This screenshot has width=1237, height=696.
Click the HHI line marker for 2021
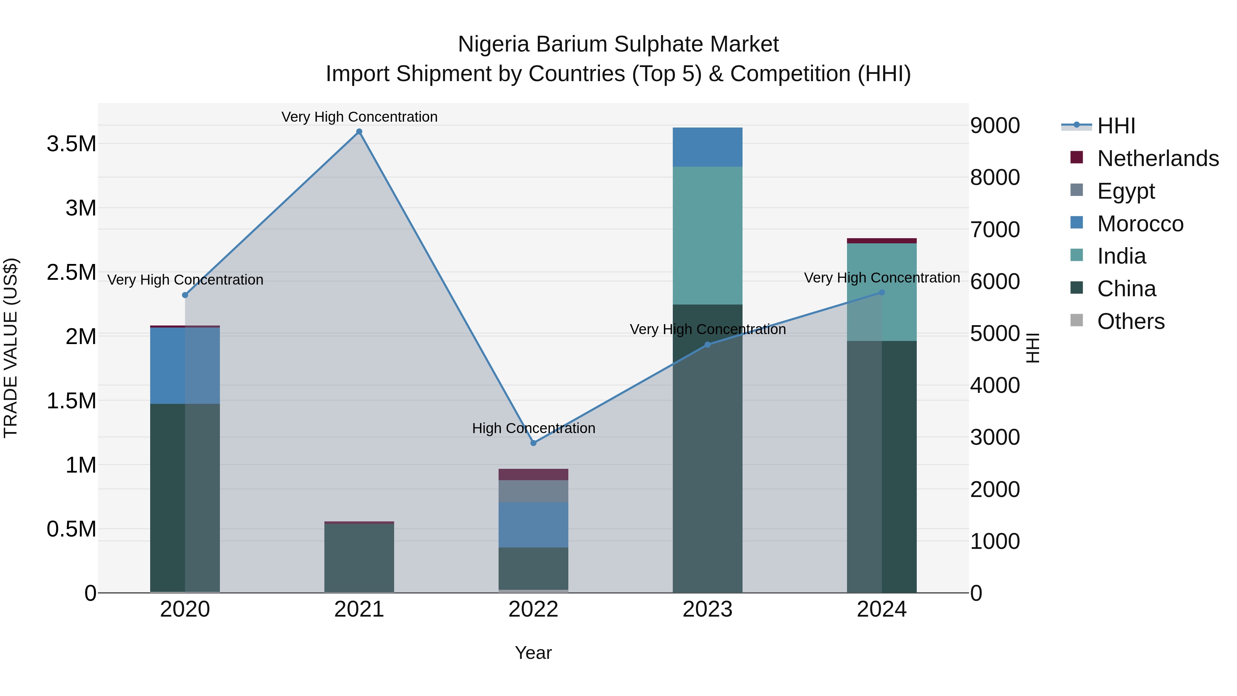[x=359, y=132]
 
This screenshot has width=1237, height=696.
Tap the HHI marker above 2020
[x=185, y=295]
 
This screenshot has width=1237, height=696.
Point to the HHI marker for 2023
[x=707, y=344]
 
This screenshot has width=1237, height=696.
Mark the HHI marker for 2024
[x=882, y=292]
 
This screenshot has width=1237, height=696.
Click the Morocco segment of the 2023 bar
[x=707, y=147]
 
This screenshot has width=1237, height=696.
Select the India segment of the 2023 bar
[x=707, y=235]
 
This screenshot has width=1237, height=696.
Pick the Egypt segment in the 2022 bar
[x=533, y=491]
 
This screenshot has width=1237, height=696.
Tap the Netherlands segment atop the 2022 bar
[x=533, y=475]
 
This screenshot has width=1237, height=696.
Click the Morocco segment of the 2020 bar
[x=185, y=366]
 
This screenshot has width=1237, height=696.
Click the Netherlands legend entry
[x=1158, y=158]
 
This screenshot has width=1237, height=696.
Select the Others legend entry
[x=1131, y=321]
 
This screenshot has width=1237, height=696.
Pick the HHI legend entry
[x=1116, y=126]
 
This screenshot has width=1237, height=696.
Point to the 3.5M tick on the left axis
[x=71, y=144]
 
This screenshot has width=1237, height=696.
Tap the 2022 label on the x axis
[x=533, y=609]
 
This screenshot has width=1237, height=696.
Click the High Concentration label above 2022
[x=533, y=428]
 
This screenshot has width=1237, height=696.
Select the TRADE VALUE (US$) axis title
[x=11, y=348]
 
